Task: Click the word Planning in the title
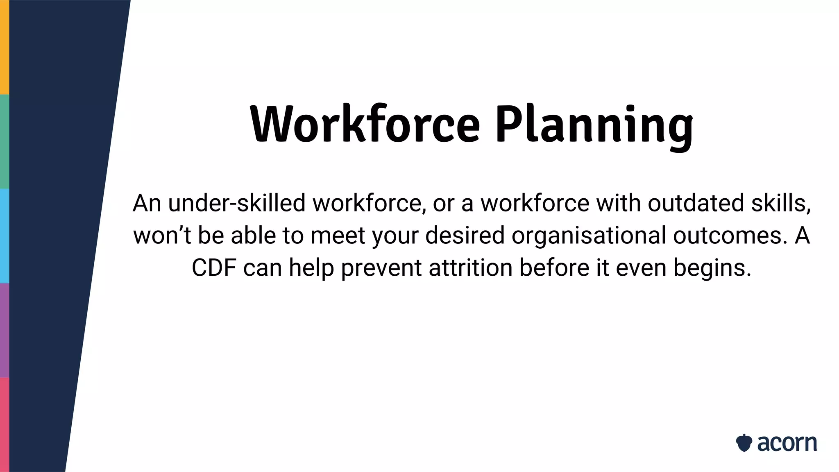594,125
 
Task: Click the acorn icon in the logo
744,443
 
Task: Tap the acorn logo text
787,443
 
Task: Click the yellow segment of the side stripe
5,47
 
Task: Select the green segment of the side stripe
5,141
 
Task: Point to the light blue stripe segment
5,236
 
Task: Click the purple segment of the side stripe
5,330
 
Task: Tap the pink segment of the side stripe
5,424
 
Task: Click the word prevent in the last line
381,268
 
